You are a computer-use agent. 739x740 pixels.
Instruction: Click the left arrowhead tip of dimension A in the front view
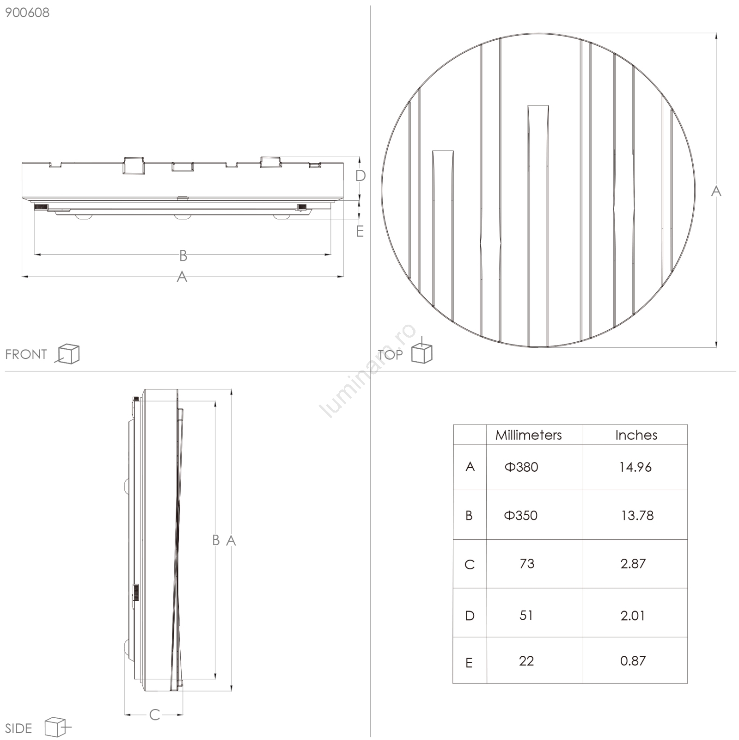click(22, 277)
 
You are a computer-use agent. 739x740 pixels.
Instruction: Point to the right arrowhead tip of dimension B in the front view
click(331, 254)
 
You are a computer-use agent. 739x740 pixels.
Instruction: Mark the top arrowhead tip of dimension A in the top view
click(716, 33)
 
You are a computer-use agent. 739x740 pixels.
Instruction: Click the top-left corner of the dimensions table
click(453, 425)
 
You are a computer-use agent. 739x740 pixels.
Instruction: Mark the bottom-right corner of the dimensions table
click(688, 683)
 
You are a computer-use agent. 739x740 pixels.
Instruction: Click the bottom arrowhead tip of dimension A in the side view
click(232, 691)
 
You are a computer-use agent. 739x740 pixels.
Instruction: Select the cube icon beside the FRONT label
click(67, 354)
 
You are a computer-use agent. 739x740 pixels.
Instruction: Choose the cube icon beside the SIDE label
click(57, 728)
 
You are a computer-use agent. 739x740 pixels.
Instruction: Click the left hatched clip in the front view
click(41, 207)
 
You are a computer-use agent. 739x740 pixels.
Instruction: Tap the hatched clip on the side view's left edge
click(137, 592)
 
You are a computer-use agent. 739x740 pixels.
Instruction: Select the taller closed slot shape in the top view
click(538, 226)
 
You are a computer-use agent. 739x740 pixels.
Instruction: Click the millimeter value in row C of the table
click(527, 564)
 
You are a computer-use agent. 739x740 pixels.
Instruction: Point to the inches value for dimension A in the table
click(635, 467)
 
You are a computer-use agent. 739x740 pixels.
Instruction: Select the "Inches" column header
click(636, 435)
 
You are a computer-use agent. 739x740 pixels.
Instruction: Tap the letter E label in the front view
click(360, 231)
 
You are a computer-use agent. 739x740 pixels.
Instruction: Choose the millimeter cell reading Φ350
click(521, 516)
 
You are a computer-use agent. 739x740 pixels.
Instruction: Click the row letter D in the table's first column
click(470, 616)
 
